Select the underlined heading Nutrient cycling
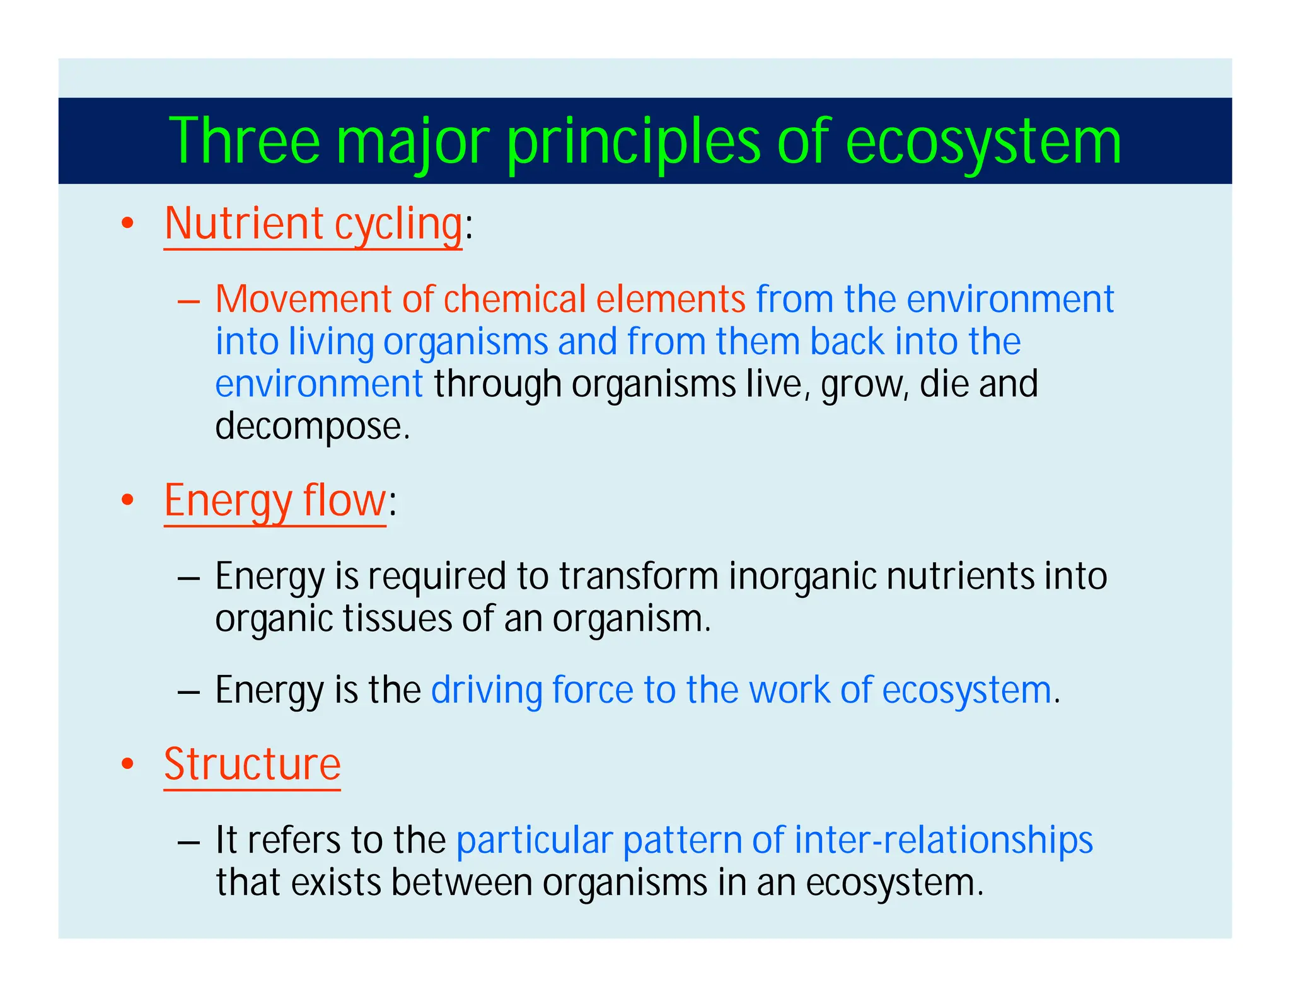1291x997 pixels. (313, 224)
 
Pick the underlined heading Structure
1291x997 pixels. (252, 764)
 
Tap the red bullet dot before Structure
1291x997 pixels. (128, 764)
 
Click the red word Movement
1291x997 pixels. (303, 299)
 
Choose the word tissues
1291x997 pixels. (397, 619)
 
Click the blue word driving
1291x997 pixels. (486, 690)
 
